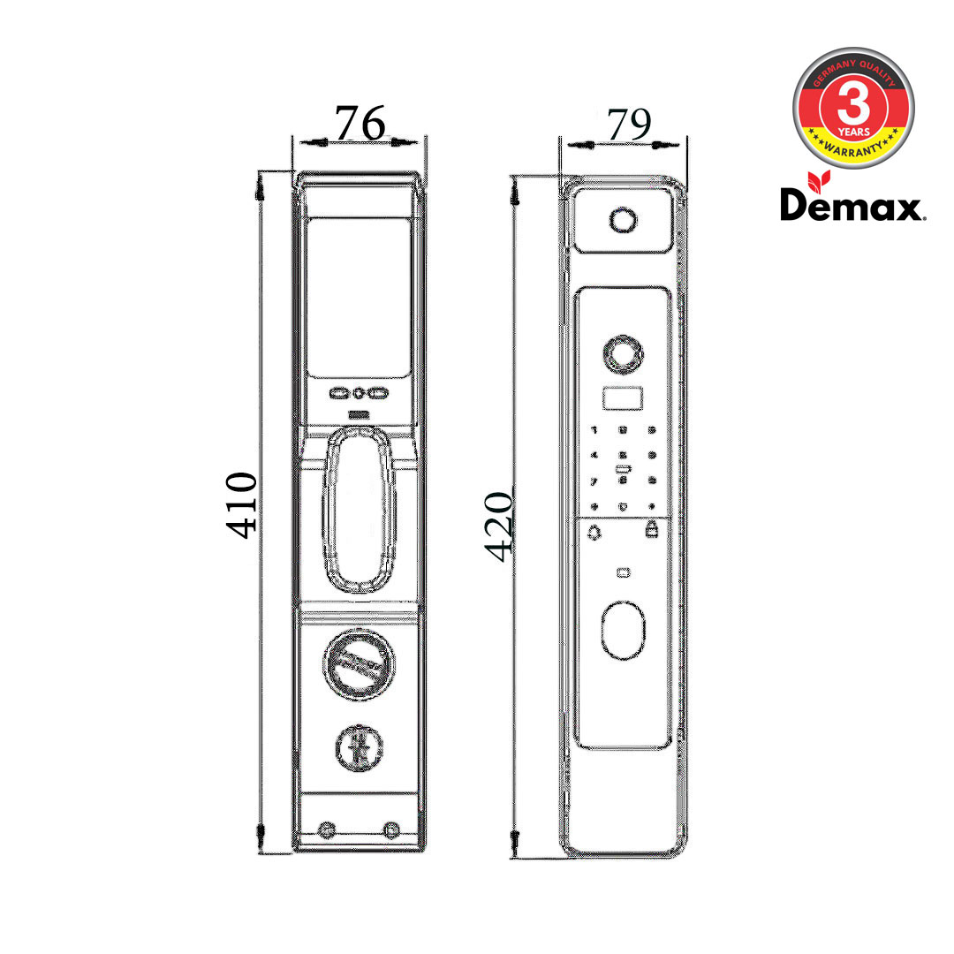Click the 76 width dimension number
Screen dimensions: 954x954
coord(360,124)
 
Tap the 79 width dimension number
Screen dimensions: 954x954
coord(626,125)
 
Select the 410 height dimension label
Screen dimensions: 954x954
coord(240,504)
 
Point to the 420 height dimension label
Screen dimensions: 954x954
coord(499,526)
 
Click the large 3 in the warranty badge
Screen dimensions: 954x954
coord(853,108)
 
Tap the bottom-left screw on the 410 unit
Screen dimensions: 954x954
coord(326,829)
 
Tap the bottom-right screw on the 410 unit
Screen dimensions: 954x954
coord(391,829)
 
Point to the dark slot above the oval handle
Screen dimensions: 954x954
coord(359,414)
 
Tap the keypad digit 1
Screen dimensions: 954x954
coord(594,430)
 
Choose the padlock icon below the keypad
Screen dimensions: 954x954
coord(653,530)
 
